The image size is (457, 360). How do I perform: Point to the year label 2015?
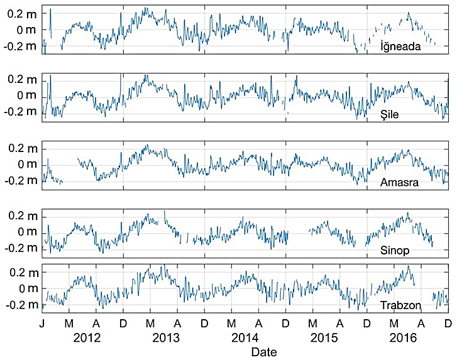click(325, 337)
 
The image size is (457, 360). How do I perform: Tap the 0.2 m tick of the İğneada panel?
click(21, 14)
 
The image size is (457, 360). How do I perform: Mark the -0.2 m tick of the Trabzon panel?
click(19, 305)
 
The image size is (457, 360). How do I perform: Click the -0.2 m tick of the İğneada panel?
click(19, 46)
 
